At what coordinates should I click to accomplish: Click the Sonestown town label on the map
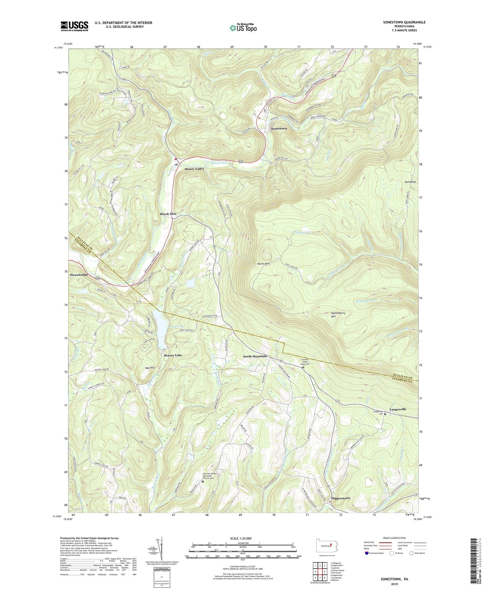click(279, 129)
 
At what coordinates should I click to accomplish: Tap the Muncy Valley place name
click(194, 169)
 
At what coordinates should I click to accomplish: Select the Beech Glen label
click(168, 214)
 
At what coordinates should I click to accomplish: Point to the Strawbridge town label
click(79, 275)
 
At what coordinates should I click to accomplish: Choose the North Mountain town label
click(255, 356)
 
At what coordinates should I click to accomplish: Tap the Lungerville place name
click(398, 409)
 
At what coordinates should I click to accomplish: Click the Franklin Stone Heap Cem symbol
click(303, 367)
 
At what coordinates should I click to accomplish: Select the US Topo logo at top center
click(243, 28)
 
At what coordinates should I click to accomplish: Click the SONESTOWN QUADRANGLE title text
click(404, 22)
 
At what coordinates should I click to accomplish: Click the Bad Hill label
click(150, 368)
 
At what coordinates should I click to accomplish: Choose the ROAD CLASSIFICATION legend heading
click(394, 538)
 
